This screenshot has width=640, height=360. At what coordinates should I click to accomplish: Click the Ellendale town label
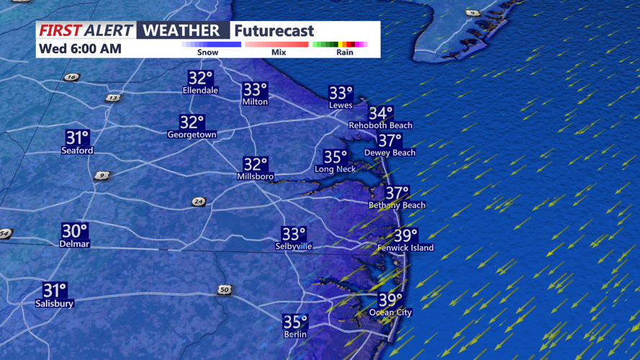coord(200,91)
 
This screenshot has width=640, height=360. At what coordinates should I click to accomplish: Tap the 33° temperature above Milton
coord(255,90)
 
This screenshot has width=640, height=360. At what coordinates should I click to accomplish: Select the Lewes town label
coord(341,105)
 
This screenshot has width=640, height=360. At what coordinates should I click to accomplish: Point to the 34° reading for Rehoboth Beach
coord(381,113)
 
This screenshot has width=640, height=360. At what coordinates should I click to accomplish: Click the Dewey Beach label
coord(389,153)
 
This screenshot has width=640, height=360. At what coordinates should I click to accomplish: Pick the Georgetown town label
coord(191,135)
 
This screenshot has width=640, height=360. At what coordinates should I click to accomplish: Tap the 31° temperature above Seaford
coord(77,138)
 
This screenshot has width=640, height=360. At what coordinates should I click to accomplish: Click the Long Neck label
coord(335,169)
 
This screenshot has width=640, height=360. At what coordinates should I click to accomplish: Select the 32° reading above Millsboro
coord(255,165)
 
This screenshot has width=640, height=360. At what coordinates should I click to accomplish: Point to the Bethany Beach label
coord(397,205)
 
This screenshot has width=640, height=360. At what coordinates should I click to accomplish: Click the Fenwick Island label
coord(405,248)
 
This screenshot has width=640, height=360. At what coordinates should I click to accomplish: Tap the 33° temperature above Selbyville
coord(294,234)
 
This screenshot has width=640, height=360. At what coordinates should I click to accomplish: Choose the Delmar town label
coord(74,244)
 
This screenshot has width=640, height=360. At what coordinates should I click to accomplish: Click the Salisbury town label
coord(55,304)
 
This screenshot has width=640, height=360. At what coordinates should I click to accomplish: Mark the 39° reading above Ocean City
coord(390,300)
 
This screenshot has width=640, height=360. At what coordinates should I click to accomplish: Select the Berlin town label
coord(295,334)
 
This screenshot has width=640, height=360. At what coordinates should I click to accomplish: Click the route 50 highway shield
coord(225,289)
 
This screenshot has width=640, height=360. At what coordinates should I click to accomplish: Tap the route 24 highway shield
coord(199,202)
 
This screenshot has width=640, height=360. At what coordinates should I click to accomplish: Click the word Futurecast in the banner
coord(274,30)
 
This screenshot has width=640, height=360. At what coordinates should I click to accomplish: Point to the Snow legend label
coord(207,53)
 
